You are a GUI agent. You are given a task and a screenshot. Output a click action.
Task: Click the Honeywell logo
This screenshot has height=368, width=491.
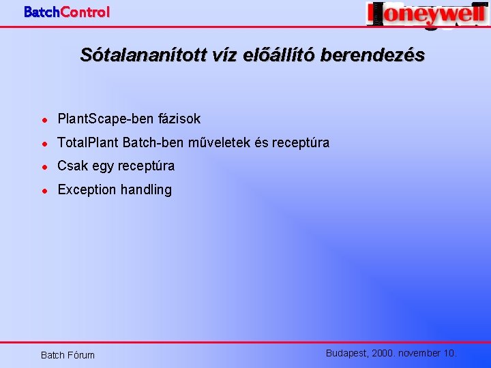[426, 14]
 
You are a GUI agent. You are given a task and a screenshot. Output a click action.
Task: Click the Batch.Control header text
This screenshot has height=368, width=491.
[66, 12]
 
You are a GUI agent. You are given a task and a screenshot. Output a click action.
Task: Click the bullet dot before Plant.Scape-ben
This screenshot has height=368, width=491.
[44, 119]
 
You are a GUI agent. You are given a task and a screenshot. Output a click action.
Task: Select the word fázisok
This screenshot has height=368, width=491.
[179, 119]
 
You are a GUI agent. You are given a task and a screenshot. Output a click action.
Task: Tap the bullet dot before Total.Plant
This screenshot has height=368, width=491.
[44, 143]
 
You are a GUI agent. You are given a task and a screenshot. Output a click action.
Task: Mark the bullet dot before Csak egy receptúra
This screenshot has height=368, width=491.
[44, 166]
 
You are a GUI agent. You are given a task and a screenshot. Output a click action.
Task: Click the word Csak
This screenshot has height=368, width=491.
[72, 166]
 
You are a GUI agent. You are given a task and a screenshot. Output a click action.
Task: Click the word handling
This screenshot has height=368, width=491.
[146, 189]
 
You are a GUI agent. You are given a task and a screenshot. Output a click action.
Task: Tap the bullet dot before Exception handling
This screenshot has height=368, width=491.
[44, 190]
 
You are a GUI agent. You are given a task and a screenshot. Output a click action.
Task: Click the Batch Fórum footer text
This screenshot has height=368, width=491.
[68, 355]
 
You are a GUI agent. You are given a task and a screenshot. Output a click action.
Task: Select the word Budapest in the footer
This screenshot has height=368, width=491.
[347, 353]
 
